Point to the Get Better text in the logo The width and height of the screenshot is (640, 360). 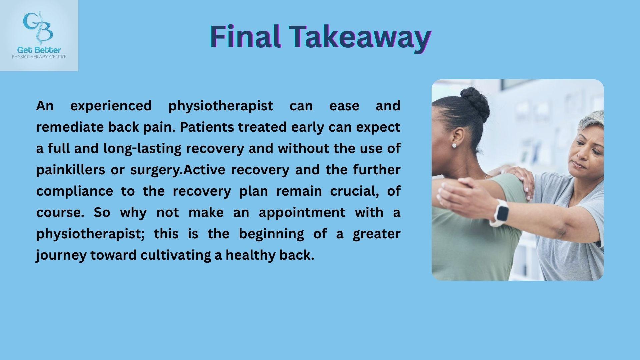[39, 50]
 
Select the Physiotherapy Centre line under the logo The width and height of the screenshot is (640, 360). [39, 57]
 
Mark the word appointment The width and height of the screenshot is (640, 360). [302, 213]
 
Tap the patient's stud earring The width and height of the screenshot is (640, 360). [454, 146]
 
